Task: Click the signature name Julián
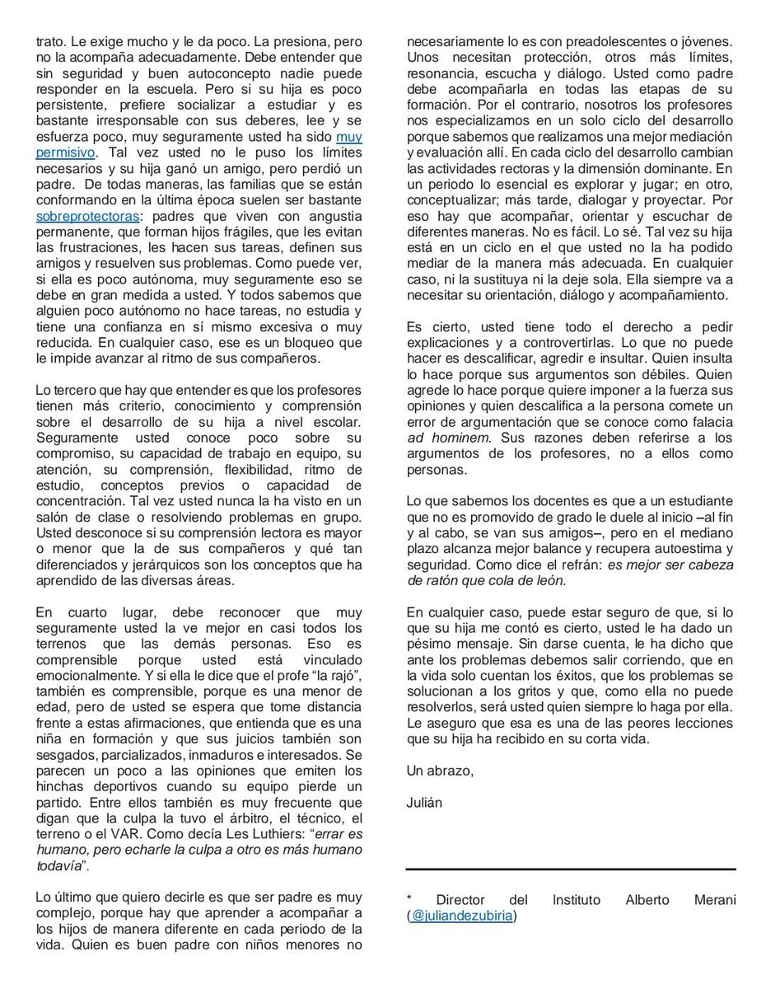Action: coord(424,802)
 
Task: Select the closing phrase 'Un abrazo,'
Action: coord(440,771)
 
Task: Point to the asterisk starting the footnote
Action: coord(409,900)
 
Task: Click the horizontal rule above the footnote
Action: coord(571,869)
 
